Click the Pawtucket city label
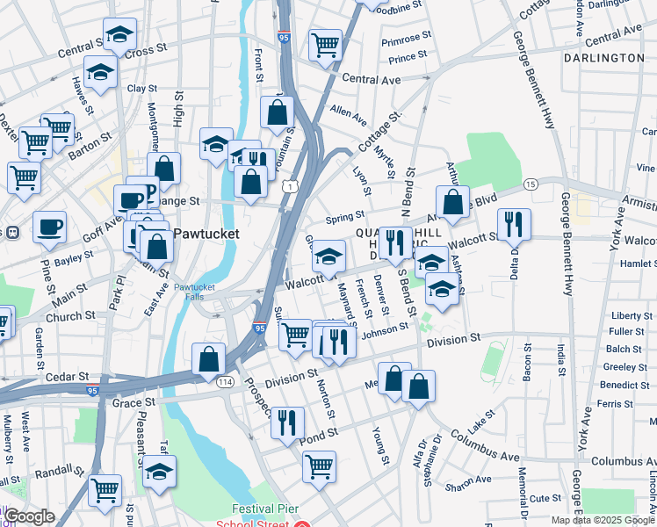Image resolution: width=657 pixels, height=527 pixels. [205, 235]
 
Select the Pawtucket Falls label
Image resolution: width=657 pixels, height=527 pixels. [193, 292]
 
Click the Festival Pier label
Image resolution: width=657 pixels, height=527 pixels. [265, 509]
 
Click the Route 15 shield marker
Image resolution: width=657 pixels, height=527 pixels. [530, 184]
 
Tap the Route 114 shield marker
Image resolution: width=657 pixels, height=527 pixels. [226, 382]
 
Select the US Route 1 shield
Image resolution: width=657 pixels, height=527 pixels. [289, 186]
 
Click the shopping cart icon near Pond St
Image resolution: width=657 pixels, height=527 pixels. [319, 465]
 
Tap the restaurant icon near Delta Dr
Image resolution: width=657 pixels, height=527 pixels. [514, 224]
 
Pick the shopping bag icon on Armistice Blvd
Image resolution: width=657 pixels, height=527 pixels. [451, 201]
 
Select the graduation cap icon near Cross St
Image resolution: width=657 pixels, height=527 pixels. [119, 34]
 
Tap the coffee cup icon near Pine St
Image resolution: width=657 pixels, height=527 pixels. [49, 227]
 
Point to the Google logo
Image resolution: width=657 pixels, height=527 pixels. [29, 516]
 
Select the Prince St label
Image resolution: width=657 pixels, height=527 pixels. [408, 58]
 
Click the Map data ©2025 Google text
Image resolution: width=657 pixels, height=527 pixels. [601, 520]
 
